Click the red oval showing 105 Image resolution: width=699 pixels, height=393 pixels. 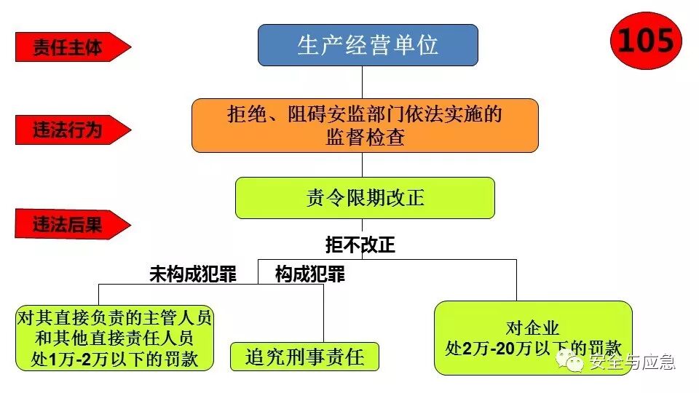(x=645, y=41)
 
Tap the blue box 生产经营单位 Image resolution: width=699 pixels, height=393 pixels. (x=368, y=45)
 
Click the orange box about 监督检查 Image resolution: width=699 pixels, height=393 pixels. (x=365, y=125)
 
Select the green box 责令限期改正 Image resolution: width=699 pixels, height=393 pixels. (x=365, y=198)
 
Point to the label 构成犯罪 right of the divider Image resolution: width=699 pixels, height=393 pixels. (x=309, y=274)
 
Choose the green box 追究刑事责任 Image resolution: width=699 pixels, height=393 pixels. (x=304, y=357)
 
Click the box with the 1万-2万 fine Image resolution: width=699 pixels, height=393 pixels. (x=114, y=338)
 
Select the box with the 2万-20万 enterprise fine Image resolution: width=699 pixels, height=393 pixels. (x=533, y=338)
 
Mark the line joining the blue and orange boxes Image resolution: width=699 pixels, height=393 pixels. (x=362, y=82)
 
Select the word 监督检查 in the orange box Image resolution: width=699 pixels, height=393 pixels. (x=365, y=138)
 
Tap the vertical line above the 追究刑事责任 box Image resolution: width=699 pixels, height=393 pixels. (x=323, y=313)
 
